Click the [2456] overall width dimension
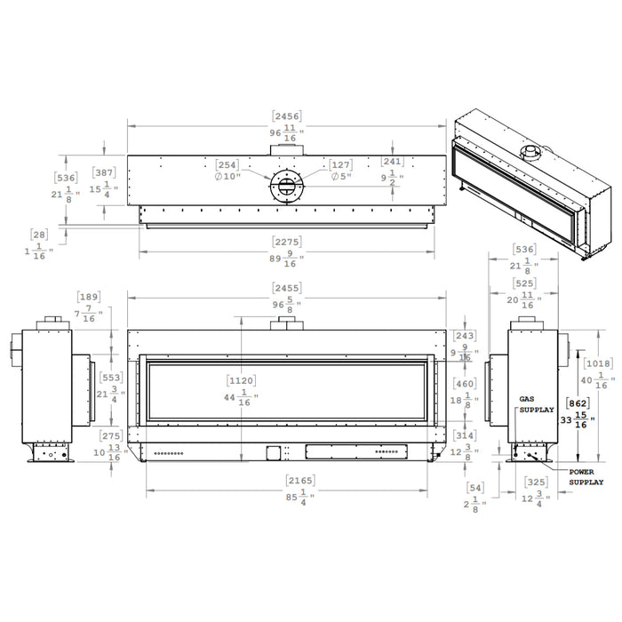pos(285,116)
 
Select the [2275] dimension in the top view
pos(285,241)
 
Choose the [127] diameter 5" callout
pos(340,165)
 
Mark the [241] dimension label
pos(393,162)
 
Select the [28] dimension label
pos(38,235)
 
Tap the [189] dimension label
pos(90,297)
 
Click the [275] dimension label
pos(110,435)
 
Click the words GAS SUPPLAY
pos(536,405)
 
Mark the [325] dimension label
pos(536,482)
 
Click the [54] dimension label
pos(475,489)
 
